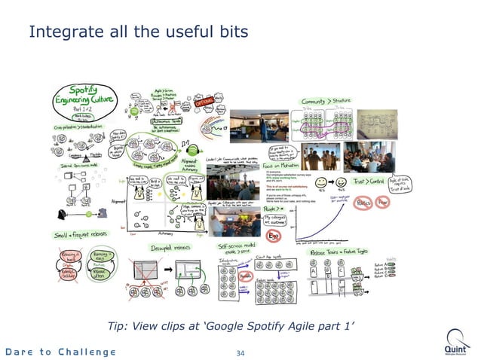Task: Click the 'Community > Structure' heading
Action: [x=329, y=101]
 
